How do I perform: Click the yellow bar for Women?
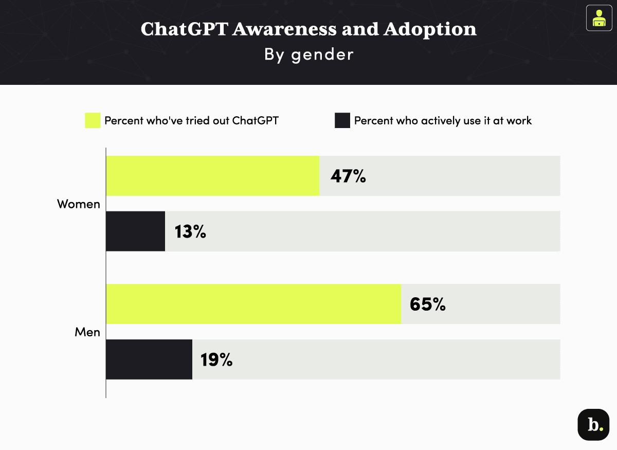[212, 176]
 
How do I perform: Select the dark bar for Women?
[135, 231]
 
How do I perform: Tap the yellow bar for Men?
[253, 304]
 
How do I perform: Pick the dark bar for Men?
[149, 359]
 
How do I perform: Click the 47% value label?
[348, 176]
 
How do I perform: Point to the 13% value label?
[190, 232]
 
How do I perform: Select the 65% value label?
[427, 304]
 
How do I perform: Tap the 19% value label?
[216, 360]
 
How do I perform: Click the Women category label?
[78, 204]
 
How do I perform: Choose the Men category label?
[87, 332]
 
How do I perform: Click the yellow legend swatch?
[93, 121]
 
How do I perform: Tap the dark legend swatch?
[342, 121]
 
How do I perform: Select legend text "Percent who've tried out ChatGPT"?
[191, 121]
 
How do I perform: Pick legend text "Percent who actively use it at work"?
[443, 121]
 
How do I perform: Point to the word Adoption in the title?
[429, 30]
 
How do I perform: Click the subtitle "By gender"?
[308, 55]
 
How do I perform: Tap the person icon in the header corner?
[598, 18]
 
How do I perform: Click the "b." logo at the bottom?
[593, 425]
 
